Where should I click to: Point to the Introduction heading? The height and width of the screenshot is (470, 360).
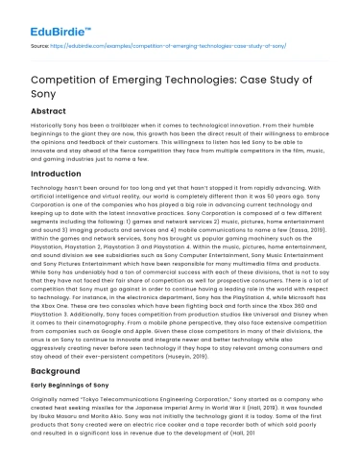tap(54, 175)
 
